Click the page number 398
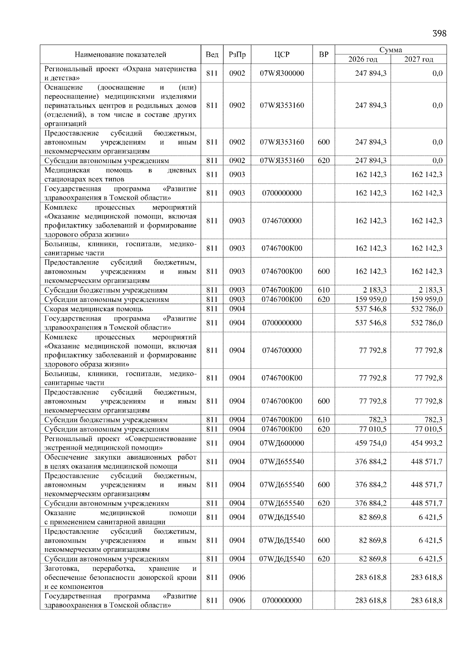[439, 34]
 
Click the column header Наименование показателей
[120, 54]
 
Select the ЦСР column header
[282, 54]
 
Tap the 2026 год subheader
[363, 59]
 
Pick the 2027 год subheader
[419, 59]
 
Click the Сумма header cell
[390, 50]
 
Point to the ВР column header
[324, 54]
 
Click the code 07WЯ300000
[282, 73]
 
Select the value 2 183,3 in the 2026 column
[372, 290]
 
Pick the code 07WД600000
[282, 443]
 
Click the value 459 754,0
[371, 443]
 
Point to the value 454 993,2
[426, 443]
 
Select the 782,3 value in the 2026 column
[378, 420]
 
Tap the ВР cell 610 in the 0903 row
[324, 290]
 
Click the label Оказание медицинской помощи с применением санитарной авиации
[120, 517]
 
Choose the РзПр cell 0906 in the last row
[237, 600]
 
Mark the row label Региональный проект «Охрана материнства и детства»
[120, 73]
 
